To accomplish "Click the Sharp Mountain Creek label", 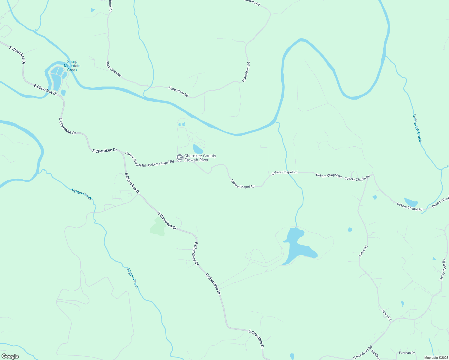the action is [72, 66].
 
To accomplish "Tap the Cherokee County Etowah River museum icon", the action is [179, 157].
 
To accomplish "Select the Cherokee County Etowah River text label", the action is [200, 158].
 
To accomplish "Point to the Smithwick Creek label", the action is [417, 128].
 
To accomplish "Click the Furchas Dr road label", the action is [407, 353].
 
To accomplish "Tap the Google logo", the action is [10, 356].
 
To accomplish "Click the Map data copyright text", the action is [436, 358].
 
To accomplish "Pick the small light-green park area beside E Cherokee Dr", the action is [158, 227].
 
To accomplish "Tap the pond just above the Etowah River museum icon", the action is [197, 149].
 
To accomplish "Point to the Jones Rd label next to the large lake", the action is [363, 251].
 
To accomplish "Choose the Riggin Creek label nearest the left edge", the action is [82, 194].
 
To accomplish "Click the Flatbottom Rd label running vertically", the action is [246, 72].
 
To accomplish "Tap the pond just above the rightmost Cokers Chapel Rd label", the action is [410, 202].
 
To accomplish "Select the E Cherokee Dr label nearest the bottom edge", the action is [256, 339].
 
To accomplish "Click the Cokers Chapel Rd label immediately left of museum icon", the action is [161, 163].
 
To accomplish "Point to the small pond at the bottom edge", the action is [292, 356].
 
